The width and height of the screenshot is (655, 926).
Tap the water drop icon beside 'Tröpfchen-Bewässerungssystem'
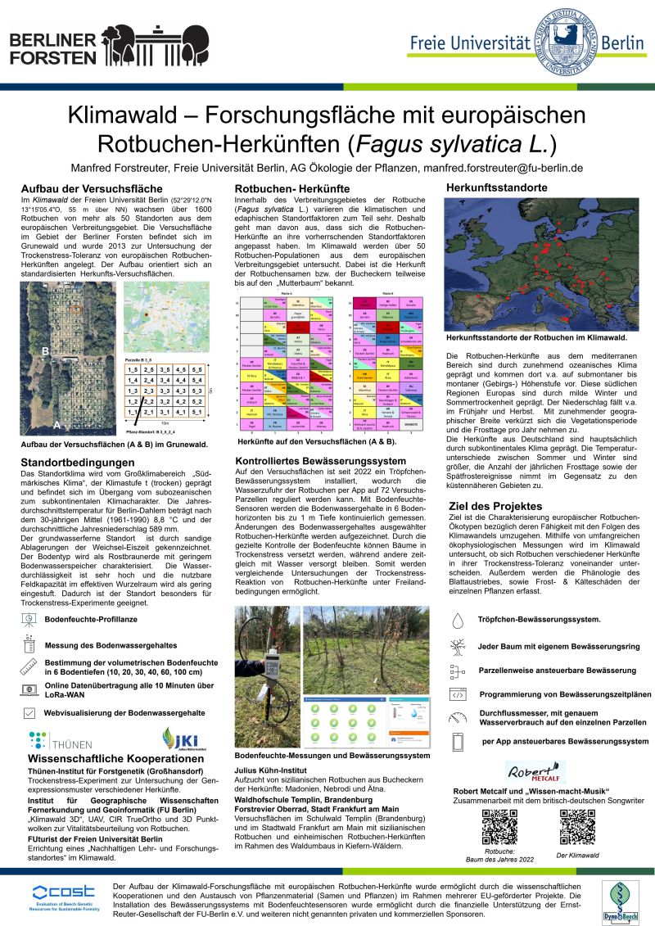point(457,620)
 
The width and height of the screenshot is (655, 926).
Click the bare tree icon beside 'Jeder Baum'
point(457,646)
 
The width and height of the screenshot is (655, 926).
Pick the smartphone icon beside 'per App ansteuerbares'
point(457,741)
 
